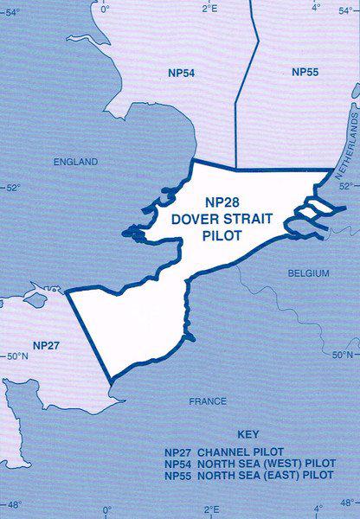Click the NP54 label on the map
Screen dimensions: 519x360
tap(181, 73)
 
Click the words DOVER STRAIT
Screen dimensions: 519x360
tap(222, 219)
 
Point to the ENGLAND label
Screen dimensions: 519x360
tap(76, 162)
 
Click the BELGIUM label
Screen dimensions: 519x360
tap(308, 273)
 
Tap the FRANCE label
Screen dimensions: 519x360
tap(209, 401)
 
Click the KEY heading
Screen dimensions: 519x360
tap(247, 434)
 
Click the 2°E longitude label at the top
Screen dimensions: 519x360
tap(209, 8)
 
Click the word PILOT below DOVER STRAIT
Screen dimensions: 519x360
tap(222, 234)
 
